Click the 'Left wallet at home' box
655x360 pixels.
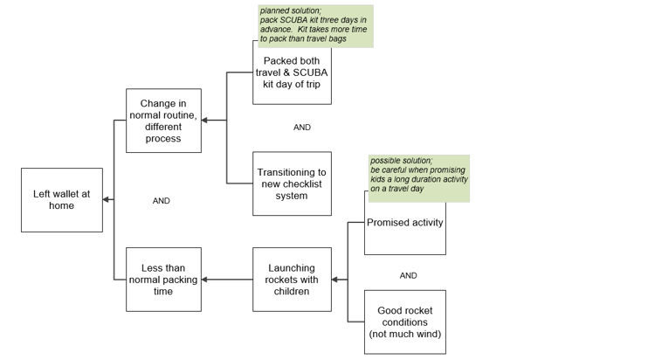(62, 200)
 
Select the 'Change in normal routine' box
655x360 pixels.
(164, 121)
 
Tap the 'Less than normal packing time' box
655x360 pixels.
(164, 280)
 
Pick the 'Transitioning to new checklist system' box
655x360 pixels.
(292, 184)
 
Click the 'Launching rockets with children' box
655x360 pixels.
(292, 280)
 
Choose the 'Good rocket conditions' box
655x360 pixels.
(405, 322)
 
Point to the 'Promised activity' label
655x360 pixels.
(404, 223)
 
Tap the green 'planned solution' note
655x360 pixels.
(315, 25)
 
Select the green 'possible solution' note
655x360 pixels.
(419, 178)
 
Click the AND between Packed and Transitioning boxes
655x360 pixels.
(302, 127)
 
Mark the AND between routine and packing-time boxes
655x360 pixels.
(162, 201)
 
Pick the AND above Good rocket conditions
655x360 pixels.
(408, 275)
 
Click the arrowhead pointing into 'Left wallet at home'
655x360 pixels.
(106, 200)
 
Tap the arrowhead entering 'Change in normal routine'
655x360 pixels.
(204, 121)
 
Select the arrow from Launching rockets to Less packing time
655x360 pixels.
(227, 280)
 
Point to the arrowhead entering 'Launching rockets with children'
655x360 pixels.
(335, 280)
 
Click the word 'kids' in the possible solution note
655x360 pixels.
(377, 179)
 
